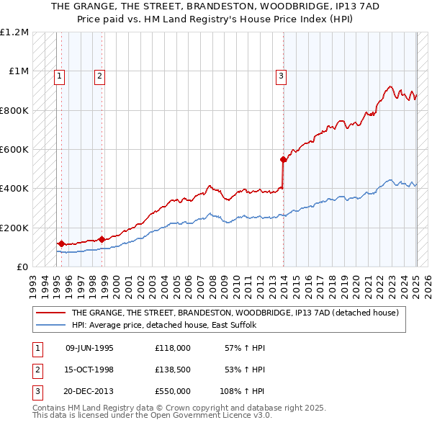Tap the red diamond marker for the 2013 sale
point(284,159)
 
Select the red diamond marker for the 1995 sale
point(61,243)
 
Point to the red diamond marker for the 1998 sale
point(102,239)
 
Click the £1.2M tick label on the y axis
point(14,32)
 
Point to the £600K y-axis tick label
point(14,150)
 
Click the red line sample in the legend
point(50,313)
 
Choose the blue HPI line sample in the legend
point(50,325)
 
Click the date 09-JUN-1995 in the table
point(89,348)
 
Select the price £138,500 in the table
point(173,370)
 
